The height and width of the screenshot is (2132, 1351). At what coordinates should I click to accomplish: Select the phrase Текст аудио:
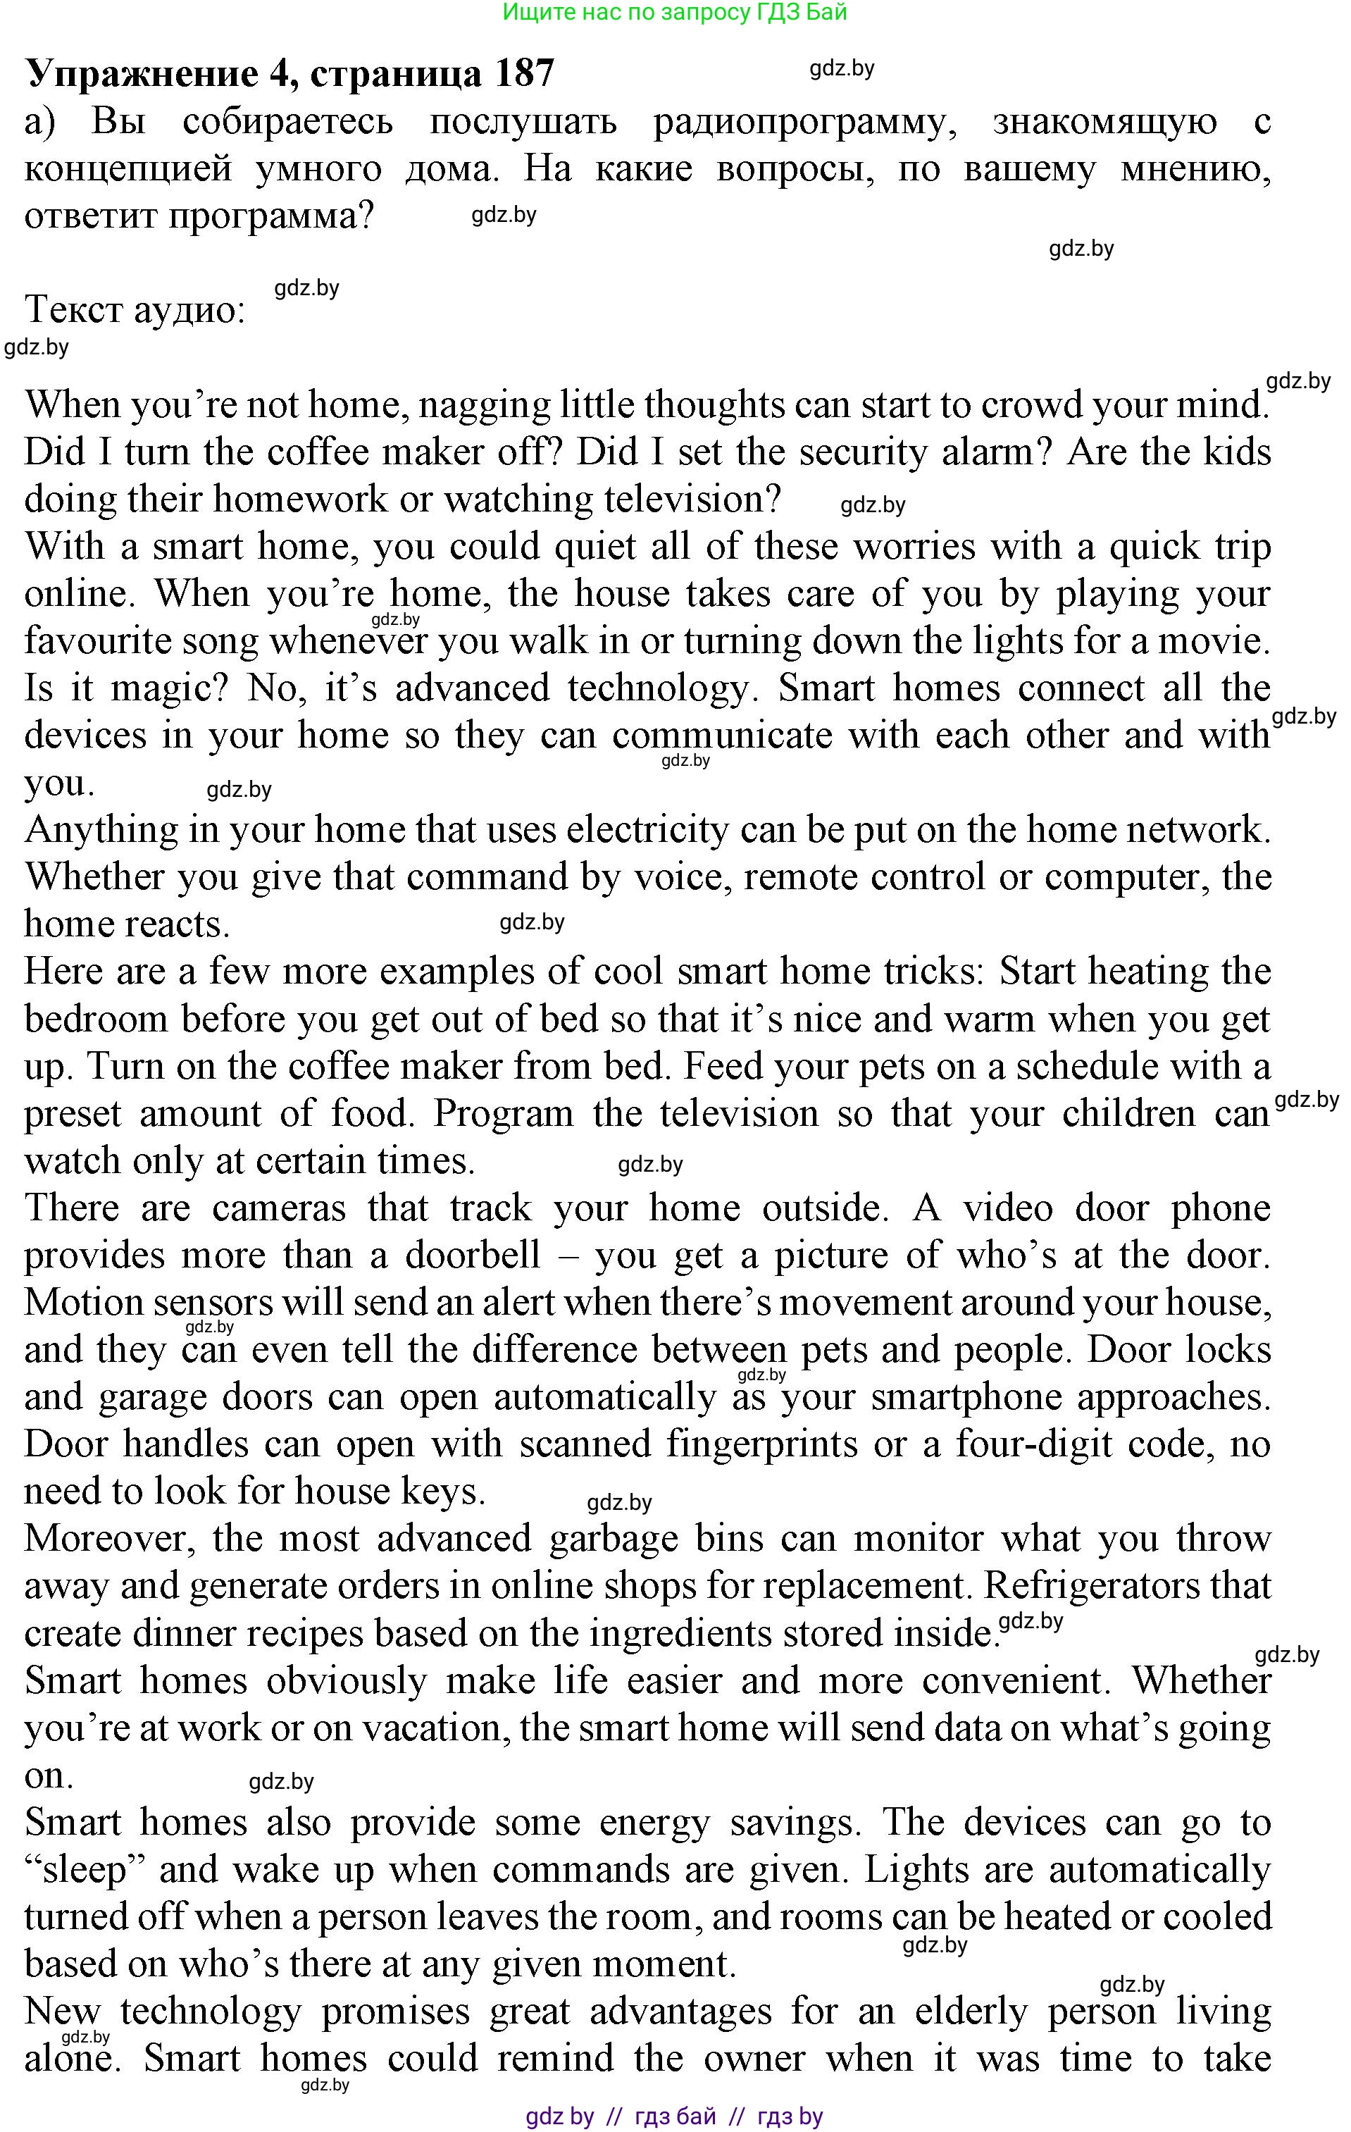pos(135,310)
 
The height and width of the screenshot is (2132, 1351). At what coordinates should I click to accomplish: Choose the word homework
pos(299,500)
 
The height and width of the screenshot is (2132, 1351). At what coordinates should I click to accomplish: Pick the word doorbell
pos(473,1256)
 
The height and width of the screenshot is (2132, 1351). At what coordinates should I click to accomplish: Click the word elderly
pos(971,2012)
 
